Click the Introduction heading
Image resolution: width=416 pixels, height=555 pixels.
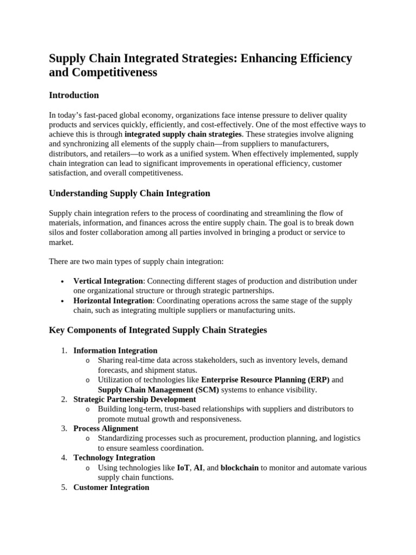[74, 95]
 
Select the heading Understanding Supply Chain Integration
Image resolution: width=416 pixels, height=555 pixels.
[129, 193]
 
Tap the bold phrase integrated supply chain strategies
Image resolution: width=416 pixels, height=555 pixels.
[183, 134]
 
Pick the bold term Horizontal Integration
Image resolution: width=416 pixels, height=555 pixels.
[113, 301]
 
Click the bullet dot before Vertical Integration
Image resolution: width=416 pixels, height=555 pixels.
[63, 282]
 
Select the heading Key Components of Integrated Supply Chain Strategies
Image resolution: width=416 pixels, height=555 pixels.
[158, 330]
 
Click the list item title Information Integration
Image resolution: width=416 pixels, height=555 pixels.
[115, 351]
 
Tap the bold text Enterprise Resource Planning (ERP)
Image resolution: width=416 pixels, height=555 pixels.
[265, 380]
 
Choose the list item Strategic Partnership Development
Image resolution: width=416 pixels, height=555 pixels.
[134, 399]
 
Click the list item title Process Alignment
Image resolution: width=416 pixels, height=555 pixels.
[106, 429]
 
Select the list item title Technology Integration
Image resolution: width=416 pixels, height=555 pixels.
[114, 458]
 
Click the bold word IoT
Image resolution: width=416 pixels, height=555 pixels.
[183, 468]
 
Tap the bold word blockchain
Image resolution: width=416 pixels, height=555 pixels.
[239, 468]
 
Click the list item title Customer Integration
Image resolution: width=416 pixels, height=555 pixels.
[111, 487]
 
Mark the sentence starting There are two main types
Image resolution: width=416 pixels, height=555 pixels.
[136, 262]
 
